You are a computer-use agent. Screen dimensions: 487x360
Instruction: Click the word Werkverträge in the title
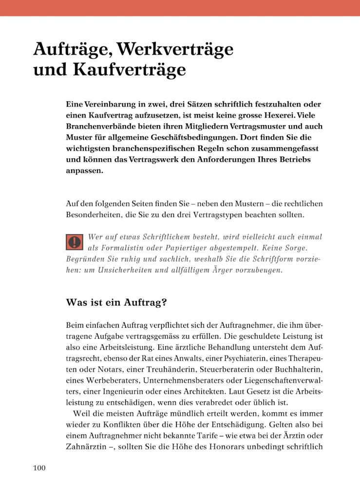175,49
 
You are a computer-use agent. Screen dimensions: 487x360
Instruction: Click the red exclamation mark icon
75,241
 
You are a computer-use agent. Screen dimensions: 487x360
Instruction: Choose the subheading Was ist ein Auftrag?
116,302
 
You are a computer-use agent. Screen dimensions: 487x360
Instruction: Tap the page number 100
39,468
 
